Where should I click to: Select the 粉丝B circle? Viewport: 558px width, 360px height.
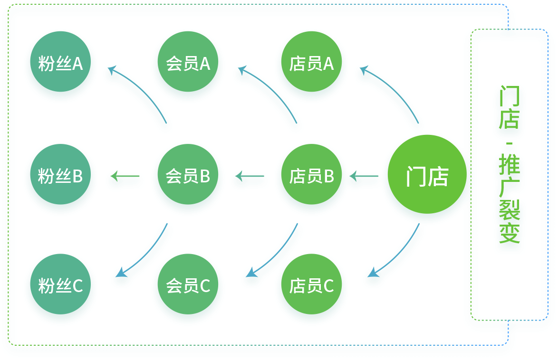coord(60,177)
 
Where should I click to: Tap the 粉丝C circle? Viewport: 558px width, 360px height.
coord(60,286)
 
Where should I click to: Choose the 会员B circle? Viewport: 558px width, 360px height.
coord(188,177)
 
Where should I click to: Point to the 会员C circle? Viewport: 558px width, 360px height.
coord(188,286)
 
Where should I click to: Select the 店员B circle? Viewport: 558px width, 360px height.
coord(311,177)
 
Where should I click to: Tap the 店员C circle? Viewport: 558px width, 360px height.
coord(311,286)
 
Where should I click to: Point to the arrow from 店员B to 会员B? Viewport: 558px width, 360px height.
coord(248,179)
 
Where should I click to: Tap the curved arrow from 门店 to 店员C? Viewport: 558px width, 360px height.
coord(397,254)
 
